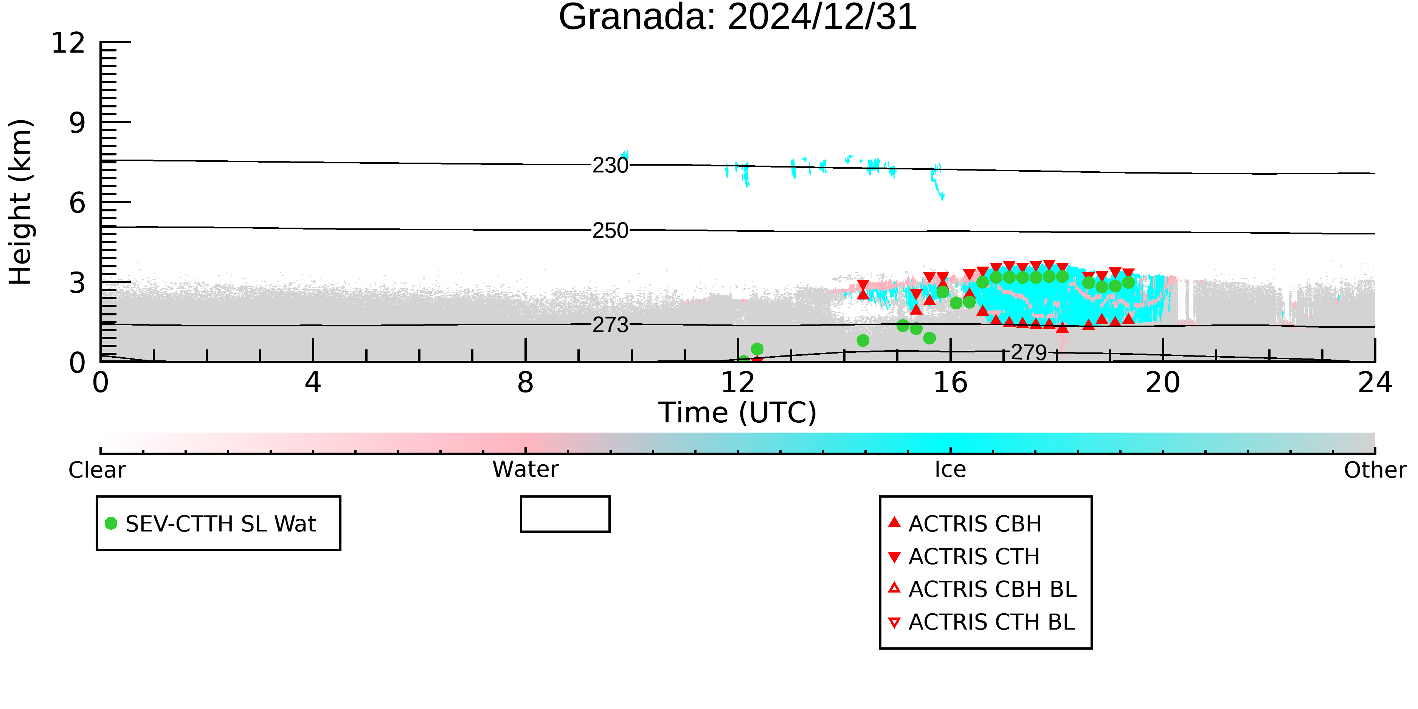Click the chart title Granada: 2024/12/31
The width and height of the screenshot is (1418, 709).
point(738,17)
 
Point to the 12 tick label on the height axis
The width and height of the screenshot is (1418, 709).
point(68,43)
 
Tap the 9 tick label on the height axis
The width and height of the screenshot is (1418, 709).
point(78,123)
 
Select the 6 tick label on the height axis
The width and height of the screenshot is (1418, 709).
point(78,203)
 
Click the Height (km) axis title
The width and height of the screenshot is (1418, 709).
point(21,202)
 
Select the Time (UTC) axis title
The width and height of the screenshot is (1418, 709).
point(738,413)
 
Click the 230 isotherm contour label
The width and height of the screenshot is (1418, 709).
point(610,165)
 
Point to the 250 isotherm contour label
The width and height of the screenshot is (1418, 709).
point(610,231)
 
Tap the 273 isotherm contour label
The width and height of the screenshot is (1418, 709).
point(610,325)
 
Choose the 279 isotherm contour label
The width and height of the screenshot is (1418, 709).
point(1029,352)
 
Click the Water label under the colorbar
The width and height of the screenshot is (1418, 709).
point(526,470)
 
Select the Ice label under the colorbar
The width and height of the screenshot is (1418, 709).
point(950,470)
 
